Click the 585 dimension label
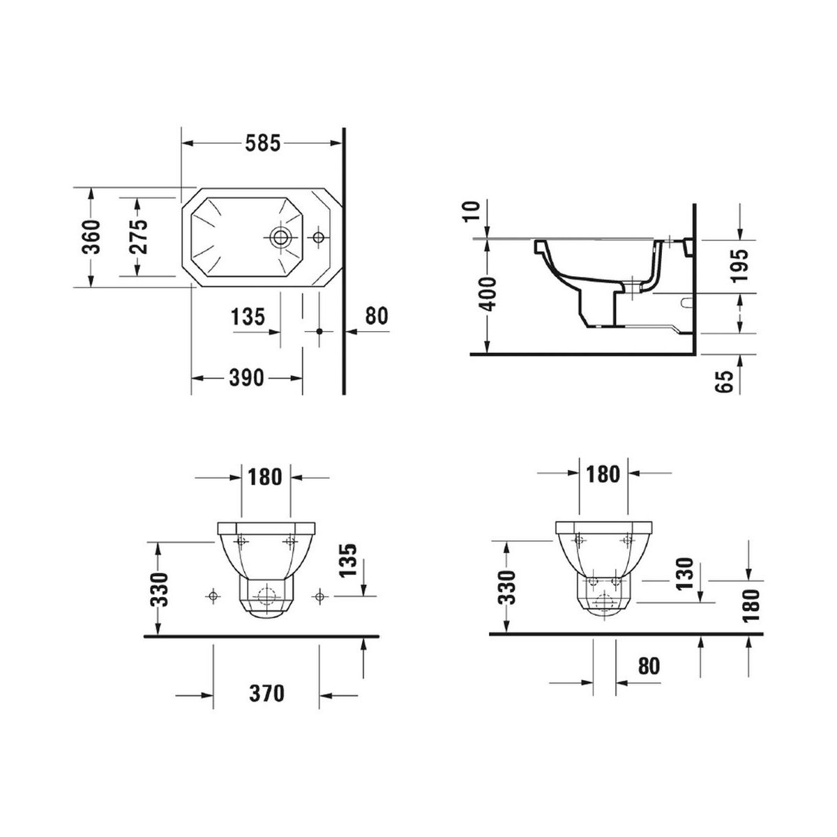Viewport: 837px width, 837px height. click(263, 143)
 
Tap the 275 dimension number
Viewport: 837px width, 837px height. click(139, 236)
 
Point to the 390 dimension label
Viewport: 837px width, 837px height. click(246, 377)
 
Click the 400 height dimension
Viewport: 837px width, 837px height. click(489, 294)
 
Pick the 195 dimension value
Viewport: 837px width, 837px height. click(739, 265)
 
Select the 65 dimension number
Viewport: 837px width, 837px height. click(724, 382)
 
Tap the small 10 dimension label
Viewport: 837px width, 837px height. click(472, 211)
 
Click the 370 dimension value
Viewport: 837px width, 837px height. click(266, 693)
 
